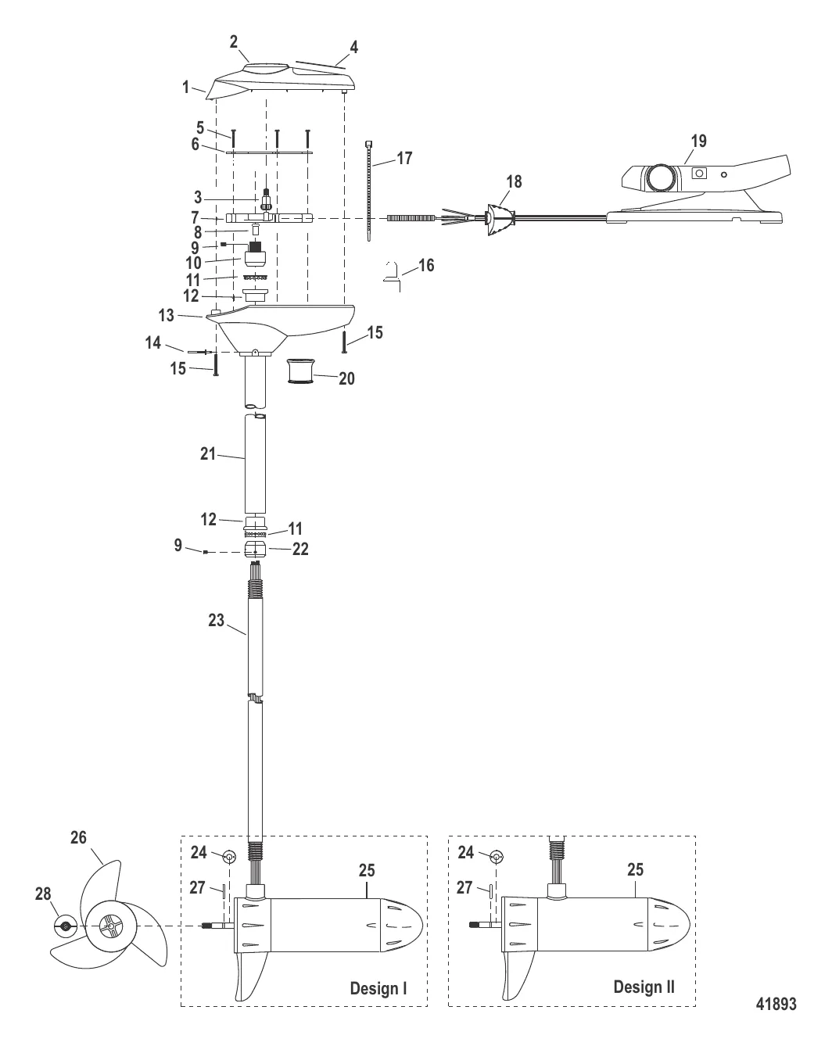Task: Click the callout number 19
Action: tap(698, 141)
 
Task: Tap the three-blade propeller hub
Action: tap(109, 926)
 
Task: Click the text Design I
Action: tap(378, 988)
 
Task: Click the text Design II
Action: tap(644, 987)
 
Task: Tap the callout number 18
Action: tap(513, 181)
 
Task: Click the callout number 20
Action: tap(346, 378)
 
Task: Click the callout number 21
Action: tap(207, 453)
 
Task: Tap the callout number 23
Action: tap(216, 621)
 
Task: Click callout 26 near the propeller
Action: tap(78, 838)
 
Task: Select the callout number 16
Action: tap(425, 266)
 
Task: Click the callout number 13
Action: tap(167, 315)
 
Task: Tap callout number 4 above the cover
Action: tap(353, 48)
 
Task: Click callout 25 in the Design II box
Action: tap(636, 869)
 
